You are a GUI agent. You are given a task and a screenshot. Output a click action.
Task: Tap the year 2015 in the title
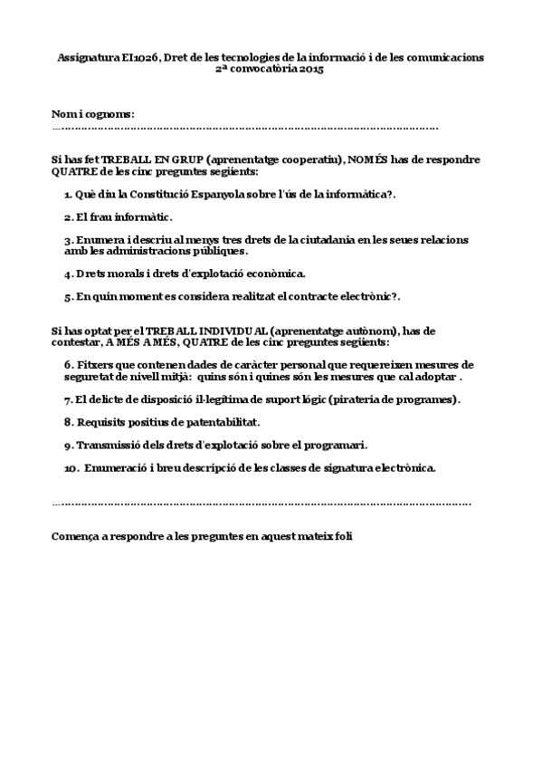[x=309, y=69]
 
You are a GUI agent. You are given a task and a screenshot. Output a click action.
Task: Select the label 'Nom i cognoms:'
[x=93, y=114]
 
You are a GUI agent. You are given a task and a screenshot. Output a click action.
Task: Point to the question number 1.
[x=68, y=195]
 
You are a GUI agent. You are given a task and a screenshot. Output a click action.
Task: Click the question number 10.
[x=71, y=468]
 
